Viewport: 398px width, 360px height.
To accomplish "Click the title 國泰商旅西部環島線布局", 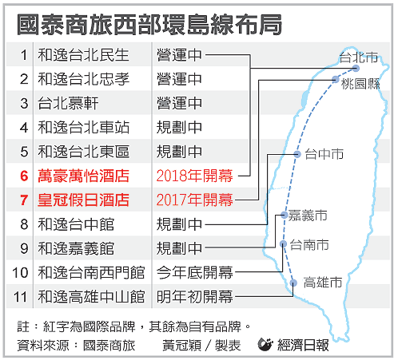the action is click(x=149, y=25).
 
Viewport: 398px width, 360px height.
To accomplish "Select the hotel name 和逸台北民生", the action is click(x=83, y=55).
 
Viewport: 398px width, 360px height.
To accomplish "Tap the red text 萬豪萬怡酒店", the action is click(x=83, y=176).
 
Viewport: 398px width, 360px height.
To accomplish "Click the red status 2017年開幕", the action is click(x=195, y=200).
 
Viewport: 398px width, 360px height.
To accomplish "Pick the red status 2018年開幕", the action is click(x=195, y=176).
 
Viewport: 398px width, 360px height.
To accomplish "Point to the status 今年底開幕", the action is click(x=195, y=272).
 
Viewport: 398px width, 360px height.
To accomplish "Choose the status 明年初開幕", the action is click(x=195, y=296).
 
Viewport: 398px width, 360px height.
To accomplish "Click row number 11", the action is click(x=21, y=297).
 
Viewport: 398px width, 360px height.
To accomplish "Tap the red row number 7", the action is click(x=24, y=200).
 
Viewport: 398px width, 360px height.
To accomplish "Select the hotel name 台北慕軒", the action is click(x=68, y=103).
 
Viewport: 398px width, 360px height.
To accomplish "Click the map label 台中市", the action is click(x=324, y=154).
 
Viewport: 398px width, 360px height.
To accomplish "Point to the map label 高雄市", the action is click(x=323, y=283).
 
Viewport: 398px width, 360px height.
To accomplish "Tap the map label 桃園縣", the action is click(x=360, y=84).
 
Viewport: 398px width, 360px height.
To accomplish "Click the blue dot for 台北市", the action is click(x=356, y=68).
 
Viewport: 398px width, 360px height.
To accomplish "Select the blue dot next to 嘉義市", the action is click(x=285, y=215).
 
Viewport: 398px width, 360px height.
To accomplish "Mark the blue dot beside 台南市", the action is click(x=284, y=243).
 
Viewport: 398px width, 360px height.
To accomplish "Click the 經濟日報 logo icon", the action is click(x=265, y=345).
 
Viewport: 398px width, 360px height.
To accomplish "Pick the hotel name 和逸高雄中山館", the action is click(x=91, y=297).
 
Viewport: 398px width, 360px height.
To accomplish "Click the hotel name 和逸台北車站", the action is click(x=83, y=128).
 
